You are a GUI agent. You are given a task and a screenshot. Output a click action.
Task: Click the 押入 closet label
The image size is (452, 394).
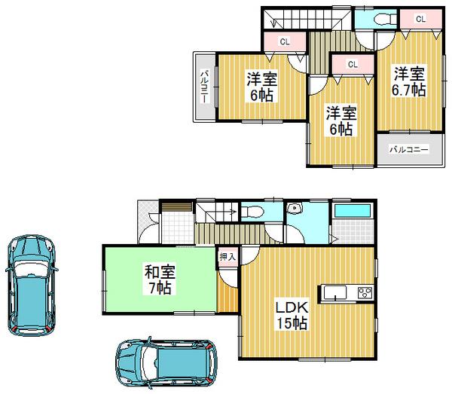(228, 256)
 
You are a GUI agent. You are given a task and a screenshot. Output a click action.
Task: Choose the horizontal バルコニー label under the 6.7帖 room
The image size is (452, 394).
(408, 150)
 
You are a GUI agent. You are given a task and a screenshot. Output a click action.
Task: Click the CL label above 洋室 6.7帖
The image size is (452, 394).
(420, 18)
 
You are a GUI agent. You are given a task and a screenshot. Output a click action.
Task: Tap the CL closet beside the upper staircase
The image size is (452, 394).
(285, 41)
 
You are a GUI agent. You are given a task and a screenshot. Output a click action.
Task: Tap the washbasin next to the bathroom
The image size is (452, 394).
(296, 209)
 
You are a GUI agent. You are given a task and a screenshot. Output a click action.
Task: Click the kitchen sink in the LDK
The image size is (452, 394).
(334, 292)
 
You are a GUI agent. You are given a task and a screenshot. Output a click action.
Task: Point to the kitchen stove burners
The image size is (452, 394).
(363, 292)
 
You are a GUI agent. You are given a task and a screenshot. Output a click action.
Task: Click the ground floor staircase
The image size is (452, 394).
(219, 226)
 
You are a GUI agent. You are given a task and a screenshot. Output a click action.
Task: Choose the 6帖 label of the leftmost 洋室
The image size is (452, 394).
(262, 96)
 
